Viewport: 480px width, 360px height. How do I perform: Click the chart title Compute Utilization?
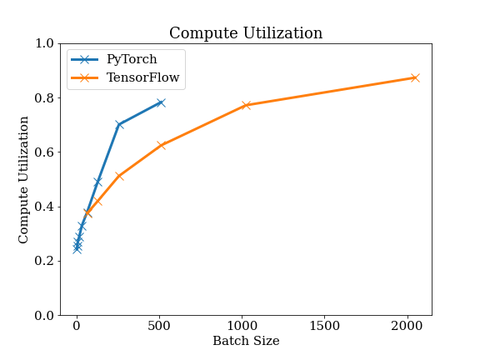(x=246, y=33)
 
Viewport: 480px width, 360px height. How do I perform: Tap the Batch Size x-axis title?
(x=246, y=341)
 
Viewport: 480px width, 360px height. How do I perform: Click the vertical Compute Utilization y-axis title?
(x=23, y=180)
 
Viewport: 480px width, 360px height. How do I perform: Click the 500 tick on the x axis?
(x=159, y=326)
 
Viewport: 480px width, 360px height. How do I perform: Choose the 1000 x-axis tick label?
(x=242, y=326)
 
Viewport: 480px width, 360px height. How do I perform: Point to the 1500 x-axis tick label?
(x=324, y=326)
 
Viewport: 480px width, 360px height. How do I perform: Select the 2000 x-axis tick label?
(x=407, y=326)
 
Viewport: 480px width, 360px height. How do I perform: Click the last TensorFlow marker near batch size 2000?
(x=415, y=77)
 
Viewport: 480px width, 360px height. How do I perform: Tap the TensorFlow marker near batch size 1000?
(x=246, y=105)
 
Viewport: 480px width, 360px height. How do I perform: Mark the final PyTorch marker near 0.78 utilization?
(x=161, y=102)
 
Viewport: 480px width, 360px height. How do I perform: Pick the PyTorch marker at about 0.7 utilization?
(x=119, y=125)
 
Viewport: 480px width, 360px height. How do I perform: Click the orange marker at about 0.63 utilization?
(x=162, y=145)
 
